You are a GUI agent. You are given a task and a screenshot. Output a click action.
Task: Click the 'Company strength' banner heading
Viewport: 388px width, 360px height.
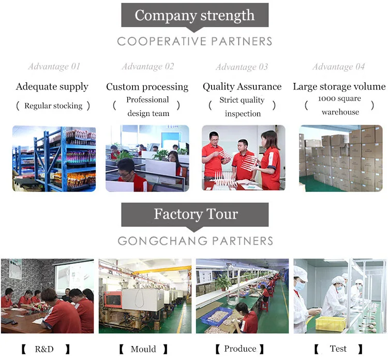(195, 15)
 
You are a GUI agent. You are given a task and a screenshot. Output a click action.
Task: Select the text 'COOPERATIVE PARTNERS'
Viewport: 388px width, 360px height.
(195, 41)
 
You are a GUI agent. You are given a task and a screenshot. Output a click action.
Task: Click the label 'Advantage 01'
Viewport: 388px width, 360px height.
(54, 66)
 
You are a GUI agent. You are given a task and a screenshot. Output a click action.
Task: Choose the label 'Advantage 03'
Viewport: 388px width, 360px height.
(242, 67)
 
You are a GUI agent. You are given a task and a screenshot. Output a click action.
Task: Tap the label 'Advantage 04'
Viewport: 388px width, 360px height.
(338, 66)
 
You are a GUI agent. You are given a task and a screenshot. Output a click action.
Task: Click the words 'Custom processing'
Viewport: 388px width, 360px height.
(147, 87)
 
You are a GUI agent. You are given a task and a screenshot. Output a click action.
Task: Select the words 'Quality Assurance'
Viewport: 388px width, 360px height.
(242, 87)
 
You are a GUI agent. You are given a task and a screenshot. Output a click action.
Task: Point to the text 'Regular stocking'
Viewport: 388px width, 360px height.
(53, 106)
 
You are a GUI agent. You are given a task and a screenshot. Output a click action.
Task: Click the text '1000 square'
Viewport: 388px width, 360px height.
(339, 98)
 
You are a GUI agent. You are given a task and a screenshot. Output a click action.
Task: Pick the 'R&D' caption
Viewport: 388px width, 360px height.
(44, 349)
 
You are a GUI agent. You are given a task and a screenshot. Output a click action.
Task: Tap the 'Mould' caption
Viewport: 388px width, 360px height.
(143, 349)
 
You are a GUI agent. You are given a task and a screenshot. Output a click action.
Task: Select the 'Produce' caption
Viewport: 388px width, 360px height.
(240, 349)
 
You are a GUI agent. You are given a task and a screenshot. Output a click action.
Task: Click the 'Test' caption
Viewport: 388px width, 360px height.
(338, 349)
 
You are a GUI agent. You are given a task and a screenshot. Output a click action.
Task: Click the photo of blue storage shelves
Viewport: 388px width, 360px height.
(54, 159)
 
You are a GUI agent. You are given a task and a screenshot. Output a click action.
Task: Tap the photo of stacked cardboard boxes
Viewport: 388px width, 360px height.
(340, 159)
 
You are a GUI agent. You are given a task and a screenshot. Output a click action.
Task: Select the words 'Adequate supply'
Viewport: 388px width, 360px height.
(52, 87)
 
